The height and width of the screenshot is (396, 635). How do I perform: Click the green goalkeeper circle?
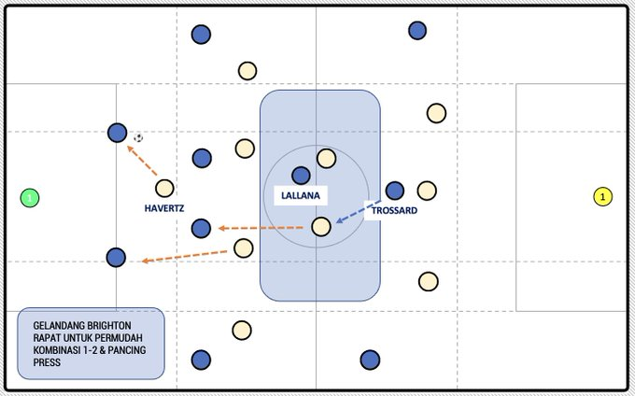click(30, 198)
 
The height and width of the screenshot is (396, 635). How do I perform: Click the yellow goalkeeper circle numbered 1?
click(603, 197)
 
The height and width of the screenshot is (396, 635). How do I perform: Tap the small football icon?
click(138, 138)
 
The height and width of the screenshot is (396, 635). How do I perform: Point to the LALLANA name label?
click(300, 196)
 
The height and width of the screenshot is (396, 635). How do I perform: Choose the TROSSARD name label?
click(394, 211)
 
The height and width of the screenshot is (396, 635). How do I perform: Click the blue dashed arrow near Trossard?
click(357, 212)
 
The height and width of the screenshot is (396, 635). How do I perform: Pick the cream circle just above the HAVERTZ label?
click(164, 188)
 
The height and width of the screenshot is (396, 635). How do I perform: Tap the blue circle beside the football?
click(117, 133)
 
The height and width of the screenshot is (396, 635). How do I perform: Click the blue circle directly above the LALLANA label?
click(301, 175)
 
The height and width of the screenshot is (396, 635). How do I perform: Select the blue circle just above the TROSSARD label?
click(395, 191)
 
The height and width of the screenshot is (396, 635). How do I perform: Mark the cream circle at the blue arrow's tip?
click(320, 226)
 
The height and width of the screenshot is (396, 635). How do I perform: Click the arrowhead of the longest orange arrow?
click(145, 262)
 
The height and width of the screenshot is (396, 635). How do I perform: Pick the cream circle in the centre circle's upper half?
click(326, 158)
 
